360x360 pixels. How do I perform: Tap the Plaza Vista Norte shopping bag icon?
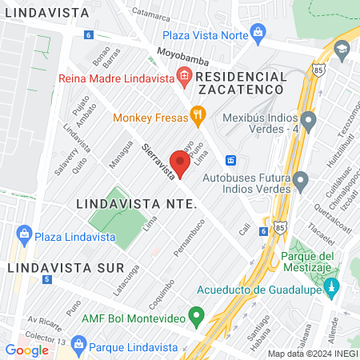[x=258, y=32]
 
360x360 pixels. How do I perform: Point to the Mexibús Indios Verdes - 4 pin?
[x=310, y=120]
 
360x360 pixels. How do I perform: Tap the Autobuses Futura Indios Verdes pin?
[x=300, y=183]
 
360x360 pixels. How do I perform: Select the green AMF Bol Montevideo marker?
[x=194, y=316]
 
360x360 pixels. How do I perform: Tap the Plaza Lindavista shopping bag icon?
[x=23, y=236]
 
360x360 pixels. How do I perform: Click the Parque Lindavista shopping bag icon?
[x=78, y=346]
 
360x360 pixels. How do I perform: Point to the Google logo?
[x=26, y=350]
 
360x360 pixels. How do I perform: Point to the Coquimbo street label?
[x=159, y=290]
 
